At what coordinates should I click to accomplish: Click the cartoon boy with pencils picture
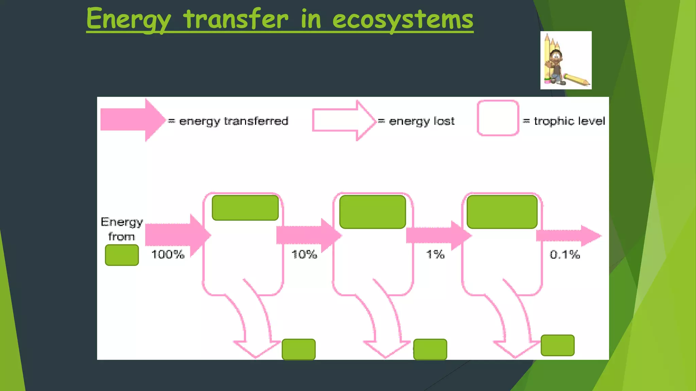click(x=566, y=60)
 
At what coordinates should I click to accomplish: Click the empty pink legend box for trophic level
click(x=498, y=118)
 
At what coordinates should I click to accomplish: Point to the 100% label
click(x=168, y=254)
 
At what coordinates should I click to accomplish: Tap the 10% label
click(x=304, y=254)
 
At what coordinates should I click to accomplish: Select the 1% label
click(x=435, y=254)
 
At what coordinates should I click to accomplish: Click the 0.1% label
click(x=565, y=255)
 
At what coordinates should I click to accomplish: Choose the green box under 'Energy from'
click(x=122, y=255)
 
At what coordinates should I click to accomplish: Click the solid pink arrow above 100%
click(x=177, y=235)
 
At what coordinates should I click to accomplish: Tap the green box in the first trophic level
click(x=245, y=208)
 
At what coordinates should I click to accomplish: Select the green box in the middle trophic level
click(x=373, y=212)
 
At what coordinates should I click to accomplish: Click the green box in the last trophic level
click(x=502, y=212)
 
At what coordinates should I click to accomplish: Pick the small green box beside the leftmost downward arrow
click(x=299, y=349)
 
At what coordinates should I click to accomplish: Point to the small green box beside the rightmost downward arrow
click(x=558, y=346)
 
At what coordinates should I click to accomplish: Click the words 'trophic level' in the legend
click(x=569, y=121)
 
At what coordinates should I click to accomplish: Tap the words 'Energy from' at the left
click(x=122, y=229)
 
